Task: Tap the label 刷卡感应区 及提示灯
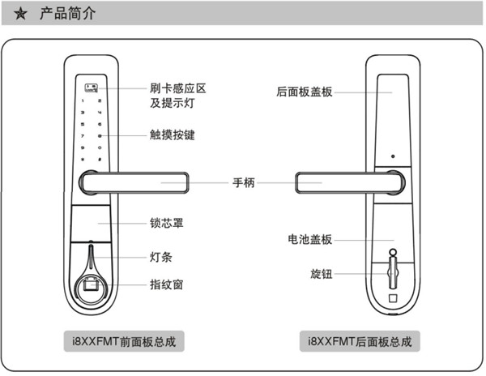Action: [x=172, y=96]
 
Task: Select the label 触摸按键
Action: [x=172, y=135]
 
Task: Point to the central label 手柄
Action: [x=243, y=183]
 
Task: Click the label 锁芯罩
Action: [x=166, y=222]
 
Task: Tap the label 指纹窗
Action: [x=166, y=284]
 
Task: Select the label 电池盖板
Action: [x=309, y=240]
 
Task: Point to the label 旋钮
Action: [x=321, y=274]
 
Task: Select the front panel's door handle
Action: [x=138, y=183]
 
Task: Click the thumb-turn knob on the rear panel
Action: [x=393, y=267]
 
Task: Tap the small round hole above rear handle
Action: [x=392, y=157]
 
